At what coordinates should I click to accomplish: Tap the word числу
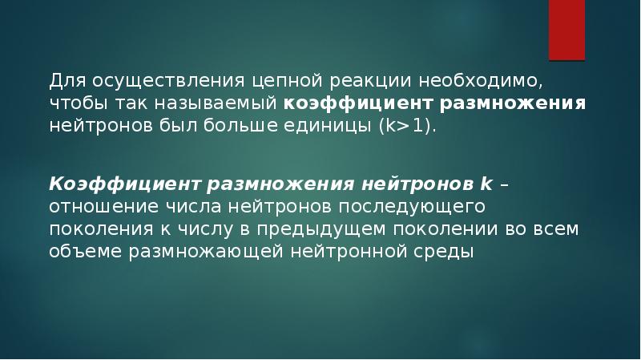(x=203, y=229)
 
